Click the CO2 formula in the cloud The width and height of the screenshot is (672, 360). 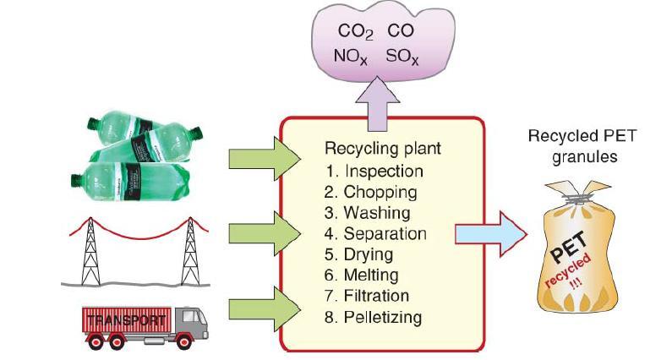pyautogui.click(x=355, y=32)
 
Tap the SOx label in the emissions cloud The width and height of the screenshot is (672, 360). pyautogui.click(x=402, y=57)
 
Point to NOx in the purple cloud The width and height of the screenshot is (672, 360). pyautogui.click(x=351, y=57)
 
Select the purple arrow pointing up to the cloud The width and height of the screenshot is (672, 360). pyautogui.click(x=377, y=104)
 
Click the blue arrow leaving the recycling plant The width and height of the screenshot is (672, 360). pyautogui.click(x=491, y=234)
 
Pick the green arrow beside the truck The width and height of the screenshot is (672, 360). pyautogui.click(x=265, y=309)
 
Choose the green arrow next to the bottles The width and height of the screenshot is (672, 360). pyautogui.click(x=265, y=159)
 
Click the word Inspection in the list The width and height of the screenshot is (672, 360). pyautogui.click(x=384, y=171)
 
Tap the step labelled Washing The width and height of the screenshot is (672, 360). pyautogui.click(x=377, y=213)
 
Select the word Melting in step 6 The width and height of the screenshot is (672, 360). pyautogui.click(x=371, y=275)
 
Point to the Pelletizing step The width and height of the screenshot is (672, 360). pyautogui.click(x=383, y=318)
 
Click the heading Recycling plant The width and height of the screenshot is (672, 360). pyautogui.click(x=383, y=149)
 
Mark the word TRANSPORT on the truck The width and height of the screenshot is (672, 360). pyautogui.click(x=126, y=320)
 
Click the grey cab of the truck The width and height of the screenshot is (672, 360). pyautogui.click(x=192, y=321)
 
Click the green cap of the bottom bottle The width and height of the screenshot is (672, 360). pyautogui.click(x=78, y=181)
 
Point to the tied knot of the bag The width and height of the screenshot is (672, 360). pyautogui.click(x=576, y=198)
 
